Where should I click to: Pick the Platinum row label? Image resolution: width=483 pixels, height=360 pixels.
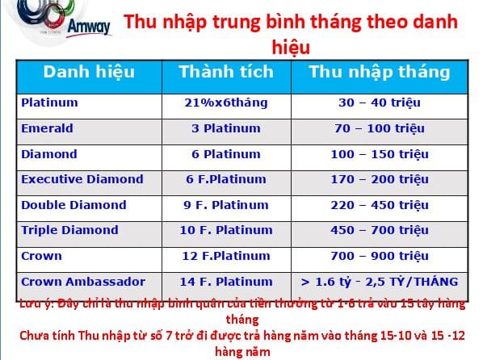click(49, 103)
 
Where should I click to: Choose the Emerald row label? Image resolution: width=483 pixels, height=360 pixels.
click(47, 128)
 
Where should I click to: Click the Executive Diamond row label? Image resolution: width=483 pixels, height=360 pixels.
click(82, 179)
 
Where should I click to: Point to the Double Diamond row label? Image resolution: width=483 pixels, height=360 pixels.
click(73, 205)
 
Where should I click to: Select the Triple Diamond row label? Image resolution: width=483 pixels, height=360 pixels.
click(69, 230)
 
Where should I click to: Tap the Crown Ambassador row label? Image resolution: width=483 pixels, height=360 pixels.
click(83, 282)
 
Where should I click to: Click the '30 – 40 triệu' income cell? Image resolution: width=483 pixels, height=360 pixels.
click(378, 103)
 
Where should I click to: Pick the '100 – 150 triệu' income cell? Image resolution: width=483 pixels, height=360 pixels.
click(378, 154)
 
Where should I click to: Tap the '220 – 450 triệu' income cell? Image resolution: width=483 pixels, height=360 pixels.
click(378, 205)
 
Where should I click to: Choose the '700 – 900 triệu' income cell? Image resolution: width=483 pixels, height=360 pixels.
click(378, 256)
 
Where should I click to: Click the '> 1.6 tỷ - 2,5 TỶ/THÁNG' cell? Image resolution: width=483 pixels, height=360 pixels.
click(378, 282)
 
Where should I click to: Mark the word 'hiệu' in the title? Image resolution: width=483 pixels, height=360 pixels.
click(294, 47)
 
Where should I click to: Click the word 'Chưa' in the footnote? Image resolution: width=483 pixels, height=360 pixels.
click(36, 336)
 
